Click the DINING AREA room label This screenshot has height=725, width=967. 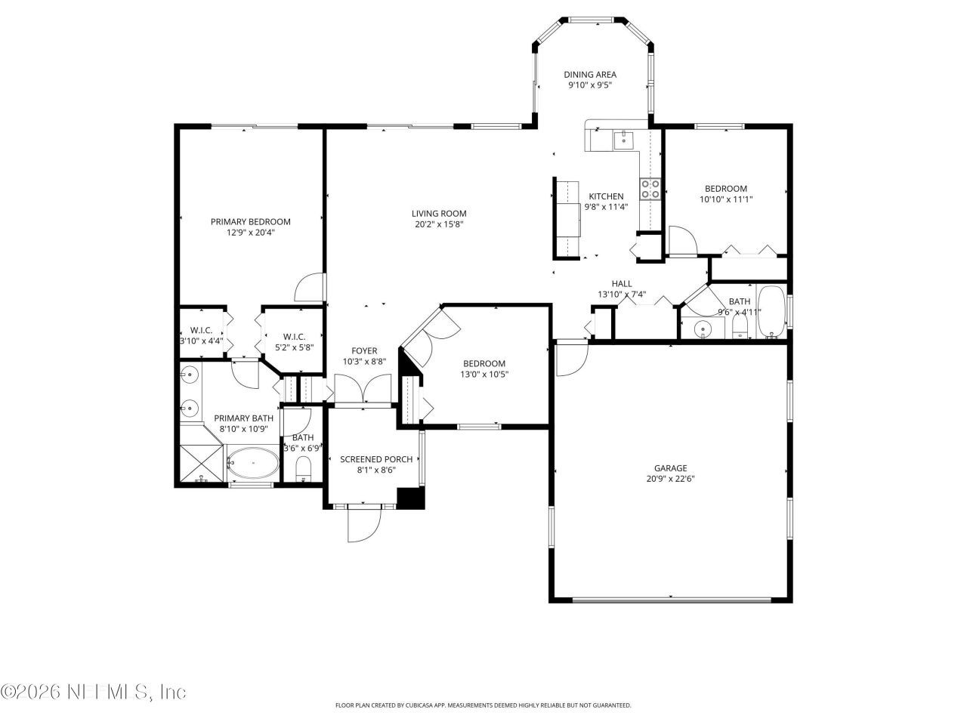pyautogui.click(x=589, y=75)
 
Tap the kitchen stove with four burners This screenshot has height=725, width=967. pyautogui.click(x=650, y=189)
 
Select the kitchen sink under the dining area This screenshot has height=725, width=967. pyautogui.click(x=623, y=139)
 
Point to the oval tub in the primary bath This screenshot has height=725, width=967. pyautogui.click(x=253, y=463)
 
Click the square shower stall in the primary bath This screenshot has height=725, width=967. pyautogui.click(x=201, y=464)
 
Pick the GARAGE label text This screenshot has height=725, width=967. pyautogui.click(x=670, y=468)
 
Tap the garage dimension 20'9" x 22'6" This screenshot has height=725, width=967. pyautogui.click(x=670, y=479)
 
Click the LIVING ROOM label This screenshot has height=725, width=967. pyautogui.click(x=439, y=214)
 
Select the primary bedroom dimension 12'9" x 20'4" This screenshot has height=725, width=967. pyautogui.click(x=250, y=233)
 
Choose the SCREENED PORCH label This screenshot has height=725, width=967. pyautogui.click(x=376, y=459)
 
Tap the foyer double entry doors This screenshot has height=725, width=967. pyautogui.click(x=363, y=388)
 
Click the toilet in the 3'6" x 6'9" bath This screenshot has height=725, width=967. pyautogui.click(x=303, y=469)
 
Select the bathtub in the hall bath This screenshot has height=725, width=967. pyautogui.click(x=771, y=312)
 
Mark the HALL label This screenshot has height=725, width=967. pyautogui.click(x=622, y=284)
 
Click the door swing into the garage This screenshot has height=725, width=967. pyautogui.click(x=571, y=358)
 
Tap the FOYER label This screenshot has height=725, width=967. pyautogui.click(x=364, y=351)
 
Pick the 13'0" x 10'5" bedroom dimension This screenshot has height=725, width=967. pyautogui.click(x=483, y=375)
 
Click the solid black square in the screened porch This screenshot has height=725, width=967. pyautogui.click(x=411, y=498)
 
